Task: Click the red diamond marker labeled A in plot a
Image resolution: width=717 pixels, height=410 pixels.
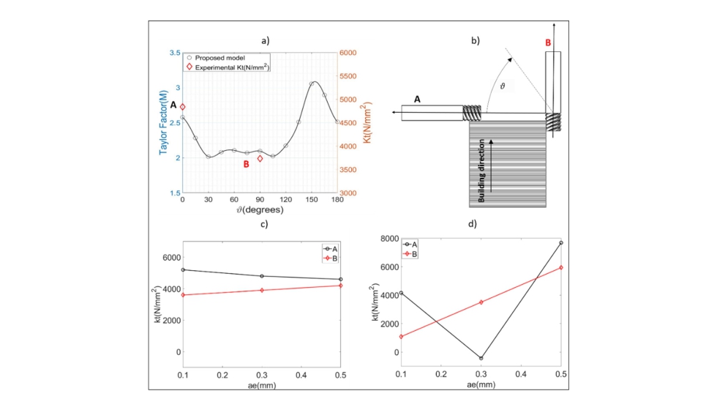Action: click(x=183, y=107)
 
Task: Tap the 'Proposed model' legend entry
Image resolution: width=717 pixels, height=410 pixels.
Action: click(x=220, y=58)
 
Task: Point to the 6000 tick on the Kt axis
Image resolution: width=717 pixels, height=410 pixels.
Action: click(x=348, y=53)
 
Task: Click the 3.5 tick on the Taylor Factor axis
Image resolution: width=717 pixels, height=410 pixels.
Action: click(x=174, y=53)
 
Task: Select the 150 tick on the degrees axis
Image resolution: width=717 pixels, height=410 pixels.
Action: click(x=312, y=200)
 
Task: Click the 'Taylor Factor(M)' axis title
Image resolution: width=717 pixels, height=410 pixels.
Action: click(x=159, y=122)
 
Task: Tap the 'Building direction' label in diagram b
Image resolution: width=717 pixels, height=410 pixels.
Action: click(x=482, y=168)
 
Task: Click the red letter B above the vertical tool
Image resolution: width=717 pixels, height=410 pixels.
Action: click(x=547, y=43)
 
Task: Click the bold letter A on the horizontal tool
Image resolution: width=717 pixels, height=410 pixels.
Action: click(x=417, y=99)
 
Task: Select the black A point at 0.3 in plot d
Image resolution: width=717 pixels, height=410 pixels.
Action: click(x=481, y=358)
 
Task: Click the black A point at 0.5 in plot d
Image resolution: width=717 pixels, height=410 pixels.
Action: click(x=560, y=242)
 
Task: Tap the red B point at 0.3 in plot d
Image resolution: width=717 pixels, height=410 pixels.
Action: click(x=481, y=302)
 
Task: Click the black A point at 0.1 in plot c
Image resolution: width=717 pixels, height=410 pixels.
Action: click(x=182, y=269)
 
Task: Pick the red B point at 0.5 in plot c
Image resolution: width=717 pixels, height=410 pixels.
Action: click(x=340, y=285)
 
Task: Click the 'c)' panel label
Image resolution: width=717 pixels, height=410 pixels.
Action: click(x=261, y=223)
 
